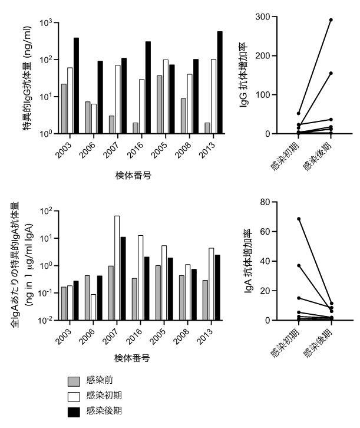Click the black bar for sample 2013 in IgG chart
click(220, 83)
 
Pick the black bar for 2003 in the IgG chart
click(77, 85)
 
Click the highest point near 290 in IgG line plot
click(331, 20)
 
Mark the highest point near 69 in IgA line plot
click(299, 219)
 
